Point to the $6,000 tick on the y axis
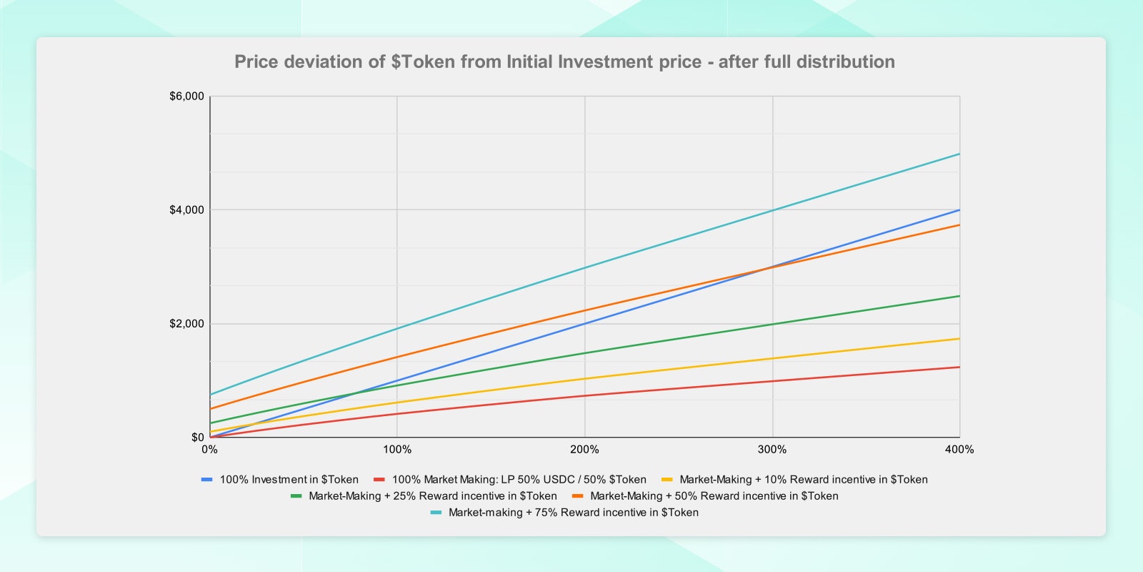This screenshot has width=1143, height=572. (186, 97)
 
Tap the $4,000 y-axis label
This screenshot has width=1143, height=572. (186, 210)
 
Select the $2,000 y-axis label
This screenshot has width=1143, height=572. (186, 324)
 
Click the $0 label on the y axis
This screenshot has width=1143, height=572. (197, 438)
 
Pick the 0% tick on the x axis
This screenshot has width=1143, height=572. (209, 450)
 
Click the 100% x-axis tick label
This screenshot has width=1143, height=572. (397, 450)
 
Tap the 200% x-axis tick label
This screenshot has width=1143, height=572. (584, 450)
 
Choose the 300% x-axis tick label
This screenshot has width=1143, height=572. (772, 450)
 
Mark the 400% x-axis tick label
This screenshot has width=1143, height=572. (959, 450)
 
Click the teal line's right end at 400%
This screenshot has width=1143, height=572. (959, 154)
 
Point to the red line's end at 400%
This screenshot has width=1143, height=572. (959, 367)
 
